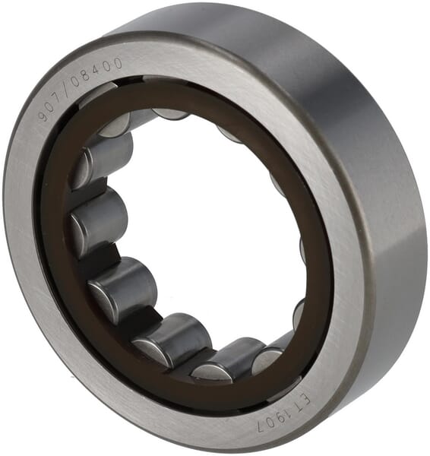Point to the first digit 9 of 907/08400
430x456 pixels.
point(44,116)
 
